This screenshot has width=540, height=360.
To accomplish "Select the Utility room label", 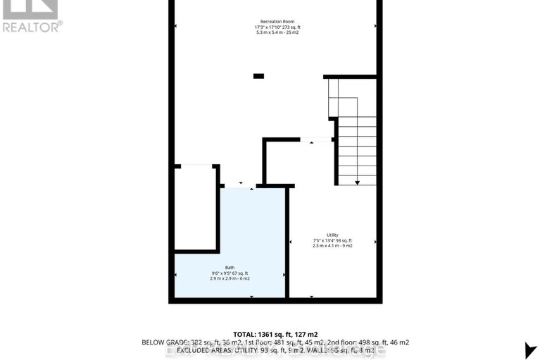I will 332,235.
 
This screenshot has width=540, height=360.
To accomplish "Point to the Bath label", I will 230,267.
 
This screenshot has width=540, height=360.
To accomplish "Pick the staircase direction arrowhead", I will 357,183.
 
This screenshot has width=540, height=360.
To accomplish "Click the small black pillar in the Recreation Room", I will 258,76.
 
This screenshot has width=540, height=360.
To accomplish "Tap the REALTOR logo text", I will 32,27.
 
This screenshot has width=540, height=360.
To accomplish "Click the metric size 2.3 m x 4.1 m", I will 325,246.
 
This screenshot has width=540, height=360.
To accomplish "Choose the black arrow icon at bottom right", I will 530,349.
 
